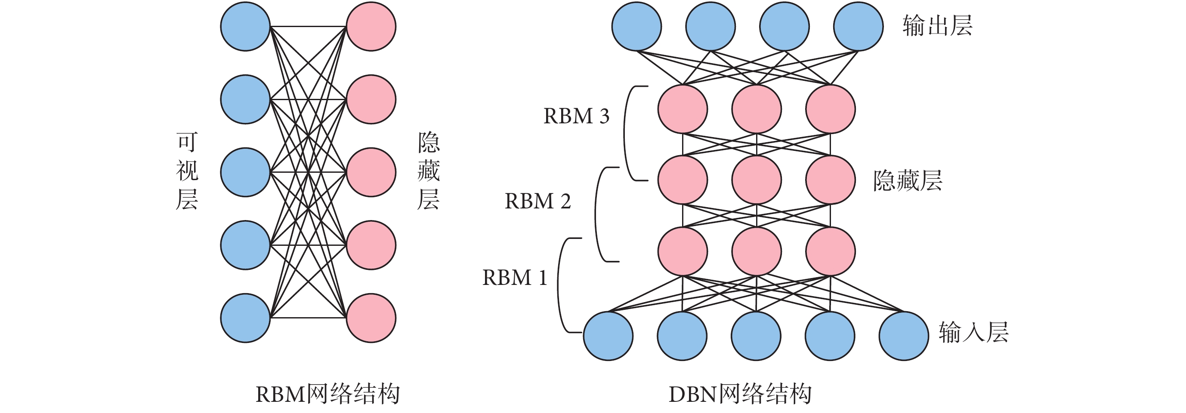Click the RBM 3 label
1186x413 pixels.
point(576,116)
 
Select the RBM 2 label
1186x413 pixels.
point(538,201)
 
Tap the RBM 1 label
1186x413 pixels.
point(515,277)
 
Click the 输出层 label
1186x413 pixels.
point(937,26)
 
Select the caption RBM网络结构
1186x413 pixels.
point(327,394)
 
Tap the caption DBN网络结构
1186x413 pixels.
point(740,394)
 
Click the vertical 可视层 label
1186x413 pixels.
point(187,171)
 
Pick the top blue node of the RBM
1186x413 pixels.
point(245,26)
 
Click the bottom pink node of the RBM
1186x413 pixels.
point(371,318)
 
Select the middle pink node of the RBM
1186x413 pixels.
point(371,172)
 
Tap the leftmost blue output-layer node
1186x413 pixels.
point(636,26)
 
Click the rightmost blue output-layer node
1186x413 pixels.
point(858,26)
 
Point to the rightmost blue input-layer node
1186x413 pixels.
point(903,336)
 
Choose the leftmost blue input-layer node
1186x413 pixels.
point(608,336)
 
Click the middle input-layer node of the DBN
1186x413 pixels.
point(756,336)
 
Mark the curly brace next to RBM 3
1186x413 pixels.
point(627,133)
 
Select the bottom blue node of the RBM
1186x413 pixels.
point(245,318)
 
